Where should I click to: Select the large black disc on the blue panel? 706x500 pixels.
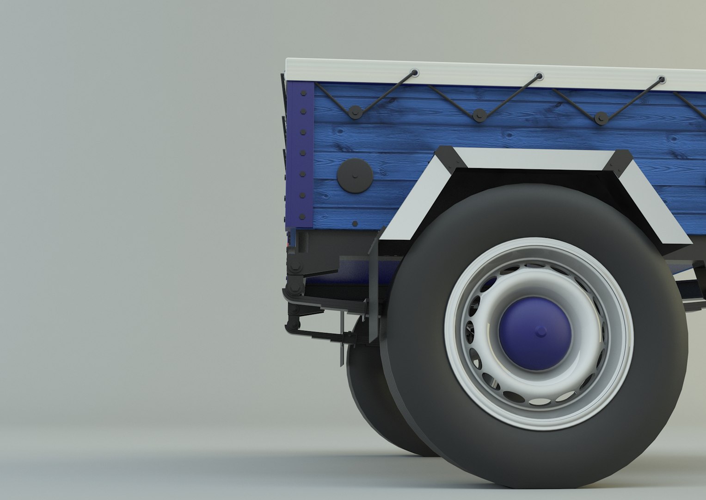coord(355,174)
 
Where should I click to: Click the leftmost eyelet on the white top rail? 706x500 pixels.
coord(413,72)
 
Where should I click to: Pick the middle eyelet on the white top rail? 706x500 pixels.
coord(538,75)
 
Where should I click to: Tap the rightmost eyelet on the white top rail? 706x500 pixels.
coord(661,79)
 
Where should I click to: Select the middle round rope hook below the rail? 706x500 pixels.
coord(479,114)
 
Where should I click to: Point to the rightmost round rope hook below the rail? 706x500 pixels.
coord(601,118)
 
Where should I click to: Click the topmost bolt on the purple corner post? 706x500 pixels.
coord(303,94)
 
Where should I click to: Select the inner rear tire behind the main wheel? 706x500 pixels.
coord(365,394)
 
